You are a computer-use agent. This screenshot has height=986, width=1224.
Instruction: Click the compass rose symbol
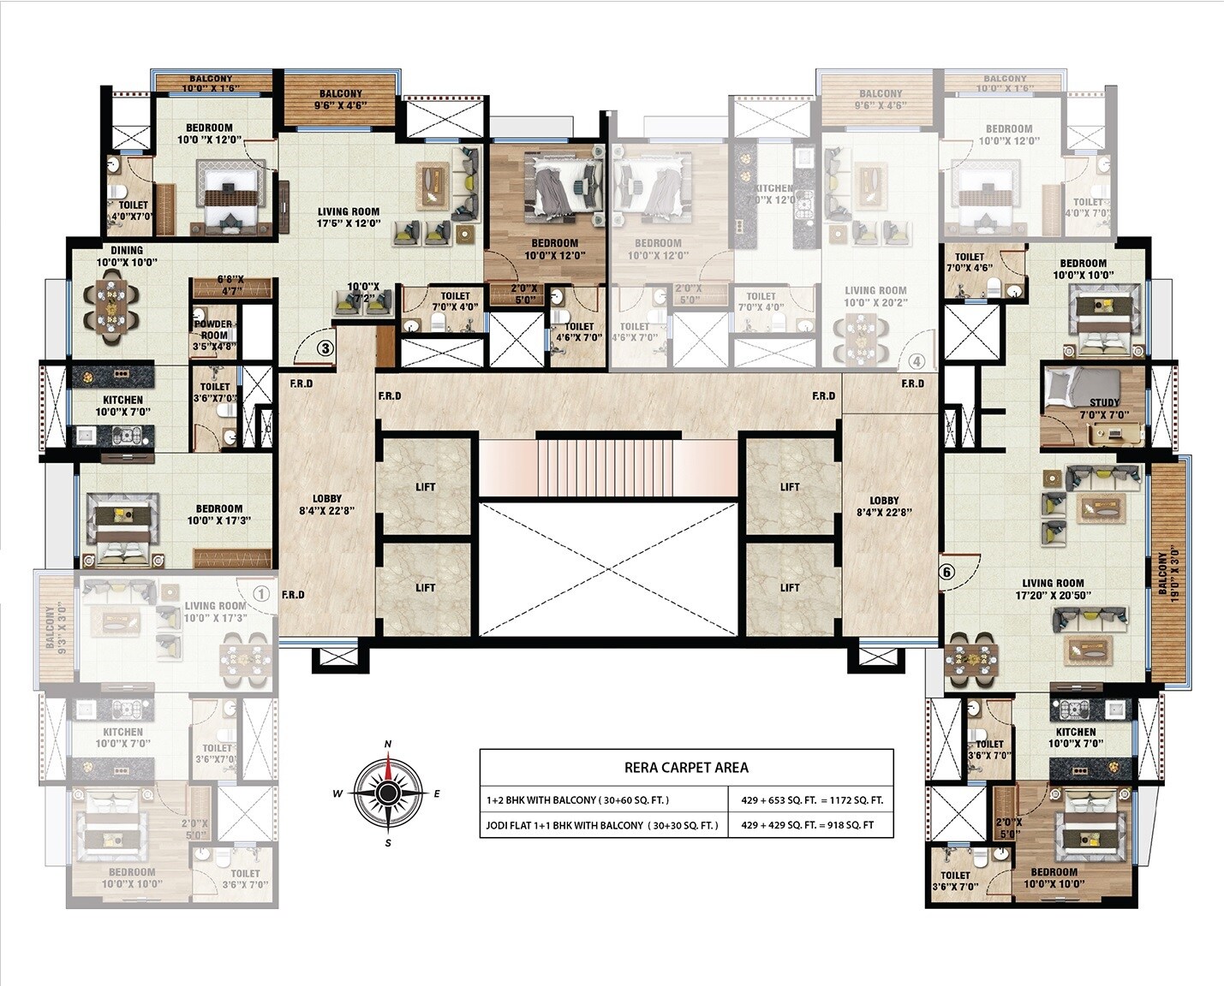(388, 793)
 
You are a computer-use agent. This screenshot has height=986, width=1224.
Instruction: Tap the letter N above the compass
(388, 744)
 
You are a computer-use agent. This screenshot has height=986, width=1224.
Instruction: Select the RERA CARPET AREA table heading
(686, 768)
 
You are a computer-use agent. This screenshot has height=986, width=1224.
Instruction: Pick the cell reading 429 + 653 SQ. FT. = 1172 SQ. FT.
(811, 800)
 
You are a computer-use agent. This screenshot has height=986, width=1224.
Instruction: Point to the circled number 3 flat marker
(325, 348)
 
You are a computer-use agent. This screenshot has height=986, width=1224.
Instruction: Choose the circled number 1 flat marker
(262, 593)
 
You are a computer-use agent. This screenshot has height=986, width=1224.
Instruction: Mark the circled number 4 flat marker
(917, 360)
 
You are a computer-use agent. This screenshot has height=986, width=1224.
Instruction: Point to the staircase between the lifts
(607, 466)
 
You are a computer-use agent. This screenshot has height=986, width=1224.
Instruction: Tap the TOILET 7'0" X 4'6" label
(970, 261)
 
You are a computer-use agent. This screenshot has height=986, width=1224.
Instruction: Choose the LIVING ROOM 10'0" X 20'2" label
(875, 296)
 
